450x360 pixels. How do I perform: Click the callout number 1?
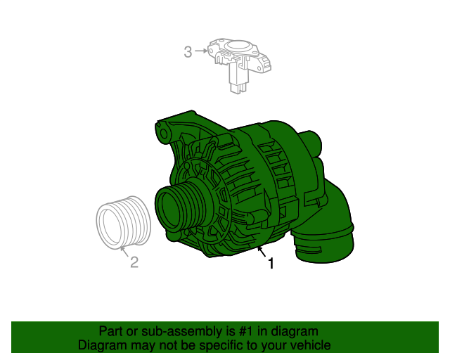point(270,264)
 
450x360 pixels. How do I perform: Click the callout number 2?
point(134,262)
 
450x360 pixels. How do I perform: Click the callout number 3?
point(188,51)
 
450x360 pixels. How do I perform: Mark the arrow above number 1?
point(261,250)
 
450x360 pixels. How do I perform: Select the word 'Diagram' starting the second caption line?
point(100,345)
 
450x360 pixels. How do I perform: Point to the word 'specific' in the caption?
point(222,345)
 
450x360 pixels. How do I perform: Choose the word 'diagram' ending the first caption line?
point(295,331)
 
